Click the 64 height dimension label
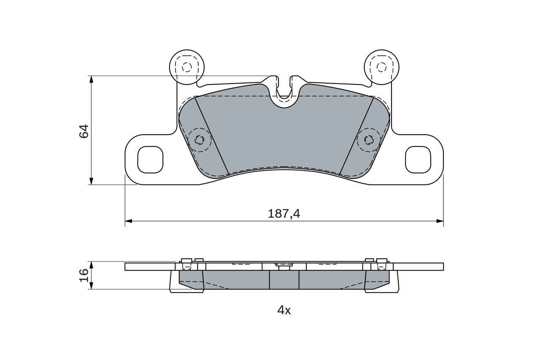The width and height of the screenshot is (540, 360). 84,131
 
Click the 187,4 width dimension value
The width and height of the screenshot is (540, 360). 284,214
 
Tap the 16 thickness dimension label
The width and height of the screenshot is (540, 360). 84,275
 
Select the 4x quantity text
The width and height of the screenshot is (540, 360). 284,310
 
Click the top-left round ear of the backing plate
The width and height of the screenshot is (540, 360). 187,67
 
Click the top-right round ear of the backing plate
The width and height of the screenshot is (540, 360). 381,67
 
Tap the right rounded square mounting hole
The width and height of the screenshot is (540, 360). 418,160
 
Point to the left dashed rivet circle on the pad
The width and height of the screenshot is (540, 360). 200,140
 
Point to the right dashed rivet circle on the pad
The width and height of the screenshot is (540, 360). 369,140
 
